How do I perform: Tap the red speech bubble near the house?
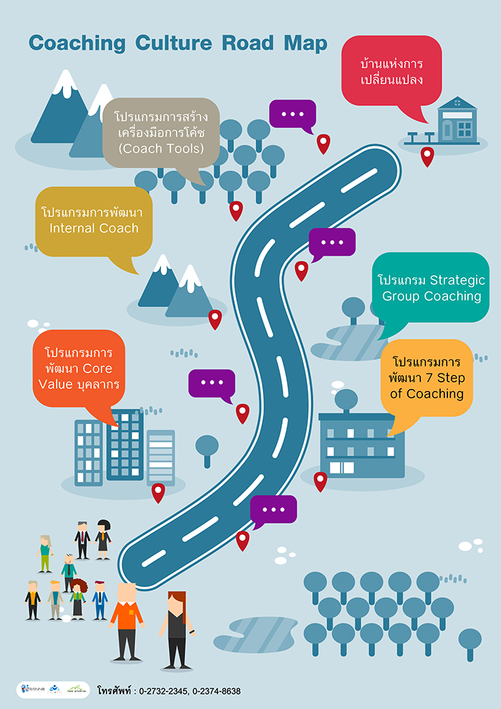pyautogui.click(x=391, y=70)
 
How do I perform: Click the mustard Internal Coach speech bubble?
pyautogui.click(x=93, y=221)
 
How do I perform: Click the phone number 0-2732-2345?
pyautogui.click(x=162, y=691)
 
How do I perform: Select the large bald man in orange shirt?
pyautogui.click(x=126, y=619)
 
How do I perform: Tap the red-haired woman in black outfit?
pyautogui.click(x=175, y=627)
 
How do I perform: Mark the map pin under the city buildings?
pyautogui.click(x=158, y=492)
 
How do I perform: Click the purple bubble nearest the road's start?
pyautogui.click(x=273, y=509)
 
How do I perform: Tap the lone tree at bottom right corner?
pyautogui.click(x=470, y=641)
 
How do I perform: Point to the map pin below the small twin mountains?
pyautogui.click(x=215, y=319)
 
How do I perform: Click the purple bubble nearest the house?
pyautogui.click(x=292, y=115)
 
